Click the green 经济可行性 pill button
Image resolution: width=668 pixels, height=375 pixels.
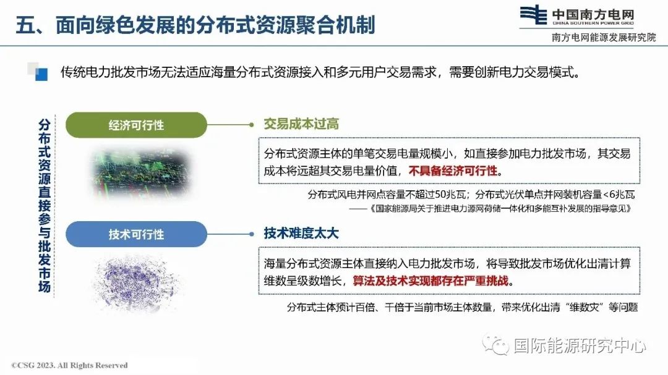pos(136,125)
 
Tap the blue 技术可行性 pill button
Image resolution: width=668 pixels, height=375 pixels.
pos(136,234)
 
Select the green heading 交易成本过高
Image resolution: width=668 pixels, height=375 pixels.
pos(301,124)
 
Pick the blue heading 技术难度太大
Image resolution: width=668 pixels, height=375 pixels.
pos(301,234)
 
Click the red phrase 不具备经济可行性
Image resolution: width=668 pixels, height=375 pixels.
pos(453,171)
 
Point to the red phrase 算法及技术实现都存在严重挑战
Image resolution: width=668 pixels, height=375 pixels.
pos(430,281)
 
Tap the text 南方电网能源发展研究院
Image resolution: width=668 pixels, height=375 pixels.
pos(604,38)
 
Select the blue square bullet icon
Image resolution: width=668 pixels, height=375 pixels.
pos(41,75)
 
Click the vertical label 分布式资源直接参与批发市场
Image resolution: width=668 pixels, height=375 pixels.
pos(45,206)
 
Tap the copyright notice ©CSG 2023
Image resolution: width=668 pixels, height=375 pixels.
pos(69,365)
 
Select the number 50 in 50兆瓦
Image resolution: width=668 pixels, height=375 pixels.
pos(441,195)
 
